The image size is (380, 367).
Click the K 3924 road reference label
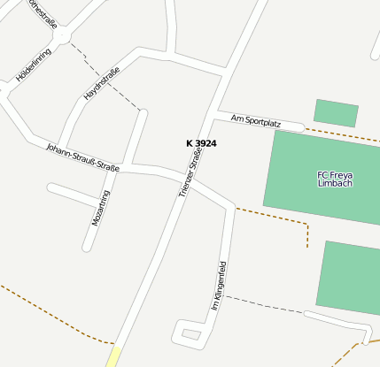point(201,143)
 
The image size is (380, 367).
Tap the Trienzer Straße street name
point(190,171)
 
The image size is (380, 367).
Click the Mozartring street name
point(101,209)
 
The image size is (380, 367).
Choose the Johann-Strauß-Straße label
point(82,156)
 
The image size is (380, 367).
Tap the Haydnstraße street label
point(101,84)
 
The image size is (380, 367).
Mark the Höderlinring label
point(34,65)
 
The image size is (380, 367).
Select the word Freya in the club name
point(338,174)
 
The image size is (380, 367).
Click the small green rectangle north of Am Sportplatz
point(336,112)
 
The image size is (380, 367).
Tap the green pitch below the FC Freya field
point(351,277)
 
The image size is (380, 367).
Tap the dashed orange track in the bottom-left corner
point(53,314)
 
